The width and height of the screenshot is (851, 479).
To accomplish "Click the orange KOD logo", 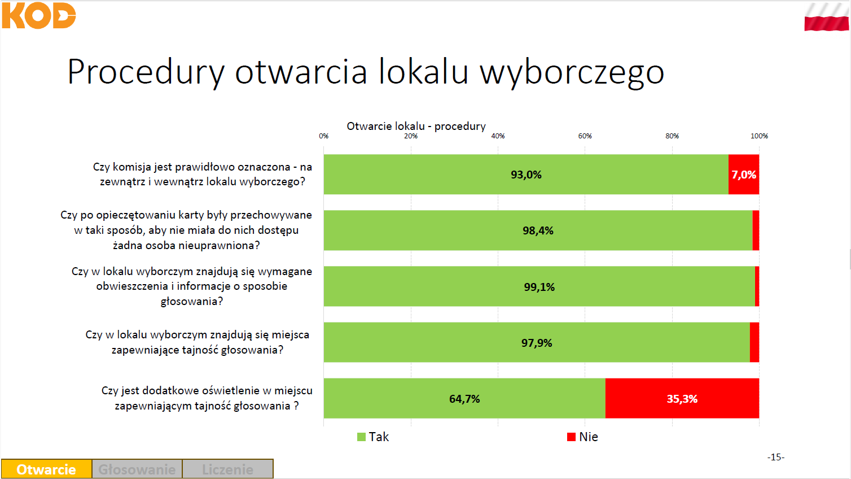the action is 39,15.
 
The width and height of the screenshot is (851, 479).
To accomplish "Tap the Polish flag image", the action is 826,17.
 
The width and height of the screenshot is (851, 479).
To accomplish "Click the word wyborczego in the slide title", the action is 572,72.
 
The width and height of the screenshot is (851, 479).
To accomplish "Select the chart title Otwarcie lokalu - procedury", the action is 416,126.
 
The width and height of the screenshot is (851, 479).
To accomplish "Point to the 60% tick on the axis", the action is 585,136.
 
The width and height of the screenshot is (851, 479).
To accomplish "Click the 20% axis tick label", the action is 411,136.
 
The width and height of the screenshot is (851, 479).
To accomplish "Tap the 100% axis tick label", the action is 759,136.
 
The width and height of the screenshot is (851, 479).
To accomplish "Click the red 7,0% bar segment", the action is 744,175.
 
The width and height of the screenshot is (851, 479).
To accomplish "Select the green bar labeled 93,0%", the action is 526,175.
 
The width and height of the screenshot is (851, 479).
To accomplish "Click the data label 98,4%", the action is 538,230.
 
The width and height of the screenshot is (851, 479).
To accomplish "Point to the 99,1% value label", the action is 539,286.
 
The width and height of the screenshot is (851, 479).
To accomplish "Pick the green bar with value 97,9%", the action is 537,342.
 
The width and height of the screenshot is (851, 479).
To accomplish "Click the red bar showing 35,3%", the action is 682,398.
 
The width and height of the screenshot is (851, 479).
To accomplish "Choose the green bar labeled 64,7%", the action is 464,398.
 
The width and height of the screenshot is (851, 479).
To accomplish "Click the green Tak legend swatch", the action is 361,437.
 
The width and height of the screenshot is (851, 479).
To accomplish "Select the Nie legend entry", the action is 582,437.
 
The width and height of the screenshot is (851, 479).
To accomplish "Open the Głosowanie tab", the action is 137,469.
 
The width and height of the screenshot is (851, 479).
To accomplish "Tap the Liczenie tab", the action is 227,469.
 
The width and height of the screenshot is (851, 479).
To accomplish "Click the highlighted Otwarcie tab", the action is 46,469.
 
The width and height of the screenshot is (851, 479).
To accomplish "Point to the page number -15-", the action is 776,457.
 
